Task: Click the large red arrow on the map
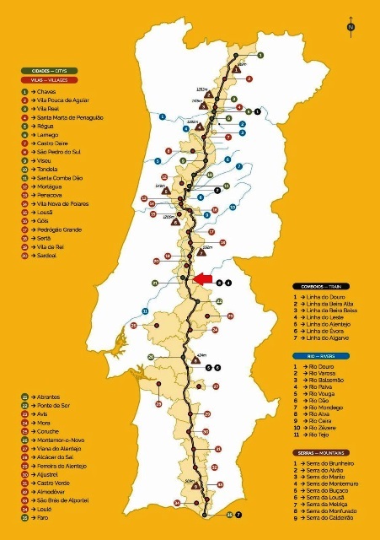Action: [203, 278]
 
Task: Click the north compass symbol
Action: [350, 28]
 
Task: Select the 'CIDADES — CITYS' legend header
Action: [50, 71]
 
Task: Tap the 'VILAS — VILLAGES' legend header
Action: [50, 79]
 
